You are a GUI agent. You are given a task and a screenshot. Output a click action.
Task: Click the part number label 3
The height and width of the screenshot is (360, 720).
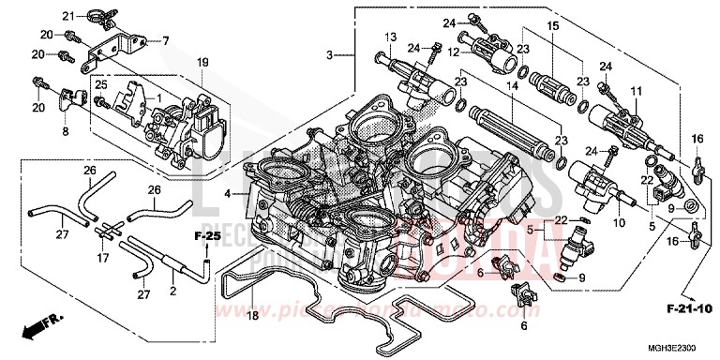tap(330, 57)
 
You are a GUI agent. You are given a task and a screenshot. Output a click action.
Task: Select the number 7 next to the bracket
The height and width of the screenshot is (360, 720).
tap(166, 40)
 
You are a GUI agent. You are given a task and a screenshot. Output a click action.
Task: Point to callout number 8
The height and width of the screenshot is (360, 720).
tap(65, 131)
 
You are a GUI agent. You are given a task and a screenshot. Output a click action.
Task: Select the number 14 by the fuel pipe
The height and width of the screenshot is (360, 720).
tap(511, 85)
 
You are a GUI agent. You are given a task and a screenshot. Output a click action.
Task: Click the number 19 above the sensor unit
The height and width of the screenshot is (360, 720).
tap(201, 62)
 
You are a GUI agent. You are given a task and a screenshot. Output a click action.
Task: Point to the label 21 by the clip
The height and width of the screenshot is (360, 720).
tap(67, 16)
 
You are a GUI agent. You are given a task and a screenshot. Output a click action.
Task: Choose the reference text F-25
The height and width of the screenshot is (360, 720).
tap(208, 233)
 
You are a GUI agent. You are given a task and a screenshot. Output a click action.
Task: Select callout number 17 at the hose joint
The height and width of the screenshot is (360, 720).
tap(104, 257)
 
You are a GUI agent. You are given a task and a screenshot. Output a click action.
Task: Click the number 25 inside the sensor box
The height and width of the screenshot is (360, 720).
tap(102, 85)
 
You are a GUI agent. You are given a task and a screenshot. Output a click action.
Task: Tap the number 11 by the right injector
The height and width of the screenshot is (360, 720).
tap(636, 90)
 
